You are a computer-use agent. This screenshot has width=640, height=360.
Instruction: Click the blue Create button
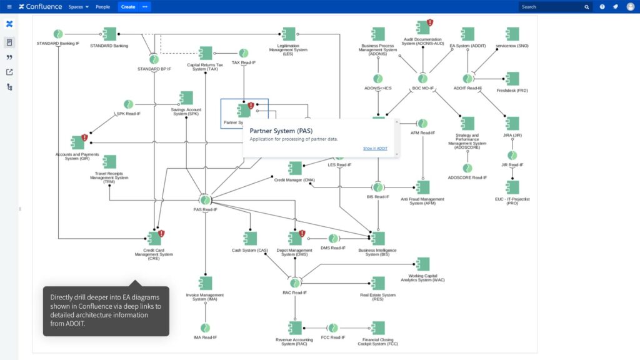point(127,7)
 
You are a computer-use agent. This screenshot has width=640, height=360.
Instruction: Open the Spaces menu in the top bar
point(78,7)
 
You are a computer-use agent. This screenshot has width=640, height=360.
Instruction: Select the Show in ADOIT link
point(375,148)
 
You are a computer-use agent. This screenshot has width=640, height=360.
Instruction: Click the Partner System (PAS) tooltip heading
point(281,131)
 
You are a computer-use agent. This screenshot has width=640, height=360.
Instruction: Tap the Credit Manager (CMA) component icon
point(295,168)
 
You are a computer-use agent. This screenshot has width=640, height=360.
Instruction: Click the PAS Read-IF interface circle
point(205,200)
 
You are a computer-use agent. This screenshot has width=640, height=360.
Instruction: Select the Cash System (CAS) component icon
point(250,238)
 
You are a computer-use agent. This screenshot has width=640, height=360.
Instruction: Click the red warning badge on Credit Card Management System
point(161,233)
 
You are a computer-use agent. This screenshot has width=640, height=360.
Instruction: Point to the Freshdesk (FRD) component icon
point(512,79)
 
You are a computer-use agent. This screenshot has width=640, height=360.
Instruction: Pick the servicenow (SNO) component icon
point(512,34)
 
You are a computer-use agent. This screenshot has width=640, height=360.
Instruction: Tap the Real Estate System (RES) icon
point(378,283)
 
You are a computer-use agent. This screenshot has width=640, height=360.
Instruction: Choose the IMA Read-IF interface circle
point(205,328)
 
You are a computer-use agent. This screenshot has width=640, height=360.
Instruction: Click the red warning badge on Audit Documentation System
point(430,23)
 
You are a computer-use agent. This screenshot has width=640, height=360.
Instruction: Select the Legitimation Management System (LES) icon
point(289,34)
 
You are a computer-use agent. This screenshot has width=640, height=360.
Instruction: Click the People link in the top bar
point(102,7)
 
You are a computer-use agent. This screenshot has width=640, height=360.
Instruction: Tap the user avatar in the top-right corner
point(630,7)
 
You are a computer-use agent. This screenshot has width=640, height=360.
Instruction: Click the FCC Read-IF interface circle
point(333,328)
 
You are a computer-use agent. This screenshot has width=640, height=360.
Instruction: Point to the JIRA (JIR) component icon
point(512,123)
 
